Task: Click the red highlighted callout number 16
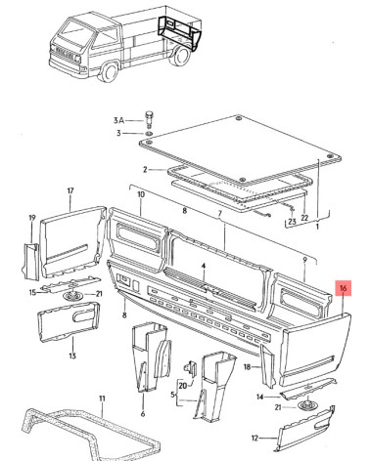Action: point(343,288)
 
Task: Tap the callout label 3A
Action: point(118,120)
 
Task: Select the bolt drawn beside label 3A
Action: point(150,119)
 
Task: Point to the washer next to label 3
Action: point(149,134)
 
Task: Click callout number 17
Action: point(70,190)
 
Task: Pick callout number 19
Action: point(32,218)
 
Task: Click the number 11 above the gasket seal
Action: point(102,398)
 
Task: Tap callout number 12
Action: point(254,439)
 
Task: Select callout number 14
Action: point(259,398)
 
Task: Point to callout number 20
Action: point(183,386)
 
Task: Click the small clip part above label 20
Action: point(191,369)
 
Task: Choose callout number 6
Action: point(143,414)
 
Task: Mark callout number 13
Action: point(72,356)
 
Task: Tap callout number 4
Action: point(204,267)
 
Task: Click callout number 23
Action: point(292,222)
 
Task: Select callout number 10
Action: point(141,194)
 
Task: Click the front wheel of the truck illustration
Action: point(109,72)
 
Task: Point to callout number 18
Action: point(247,367)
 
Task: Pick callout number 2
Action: point(146,169)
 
